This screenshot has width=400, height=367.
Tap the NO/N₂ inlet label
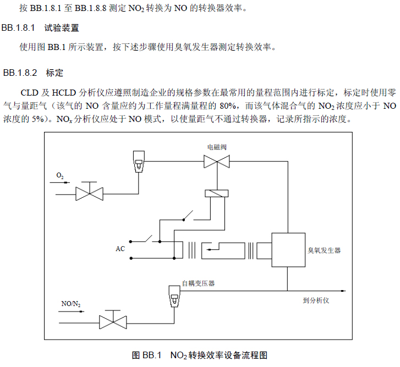[71, 304]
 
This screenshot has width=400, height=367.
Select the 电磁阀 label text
[217, 148]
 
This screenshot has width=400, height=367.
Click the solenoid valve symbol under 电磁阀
[217, 162]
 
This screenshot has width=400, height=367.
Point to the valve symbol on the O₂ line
[89, 193]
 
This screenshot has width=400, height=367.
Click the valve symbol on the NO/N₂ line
[113, 321]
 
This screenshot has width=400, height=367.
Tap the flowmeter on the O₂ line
[138, 160]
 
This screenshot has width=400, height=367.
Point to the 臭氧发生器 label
[324, 250]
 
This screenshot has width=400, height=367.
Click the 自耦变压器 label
[198, 283]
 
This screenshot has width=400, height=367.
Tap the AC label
[120, 249]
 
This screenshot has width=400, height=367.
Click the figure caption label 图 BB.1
[146, 355]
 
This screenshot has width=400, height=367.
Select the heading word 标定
[55, 73]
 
